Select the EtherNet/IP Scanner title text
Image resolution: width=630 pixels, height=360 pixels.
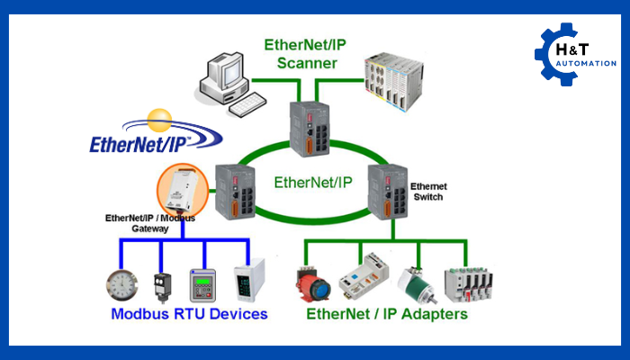click(301, 54)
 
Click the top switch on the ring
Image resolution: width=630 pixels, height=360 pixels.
click(310, 126)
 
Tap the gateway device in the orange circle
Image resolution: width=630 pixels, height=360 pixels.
click(184, 193)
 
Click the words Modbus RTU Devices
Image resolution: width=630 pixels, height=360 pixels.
click(189, 315)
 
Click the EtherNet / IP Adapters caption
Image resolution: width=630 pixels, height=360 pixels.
click(387, 315)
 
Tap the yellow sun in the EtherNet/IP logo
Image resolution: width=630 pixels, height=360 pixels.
click(160, 118)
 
